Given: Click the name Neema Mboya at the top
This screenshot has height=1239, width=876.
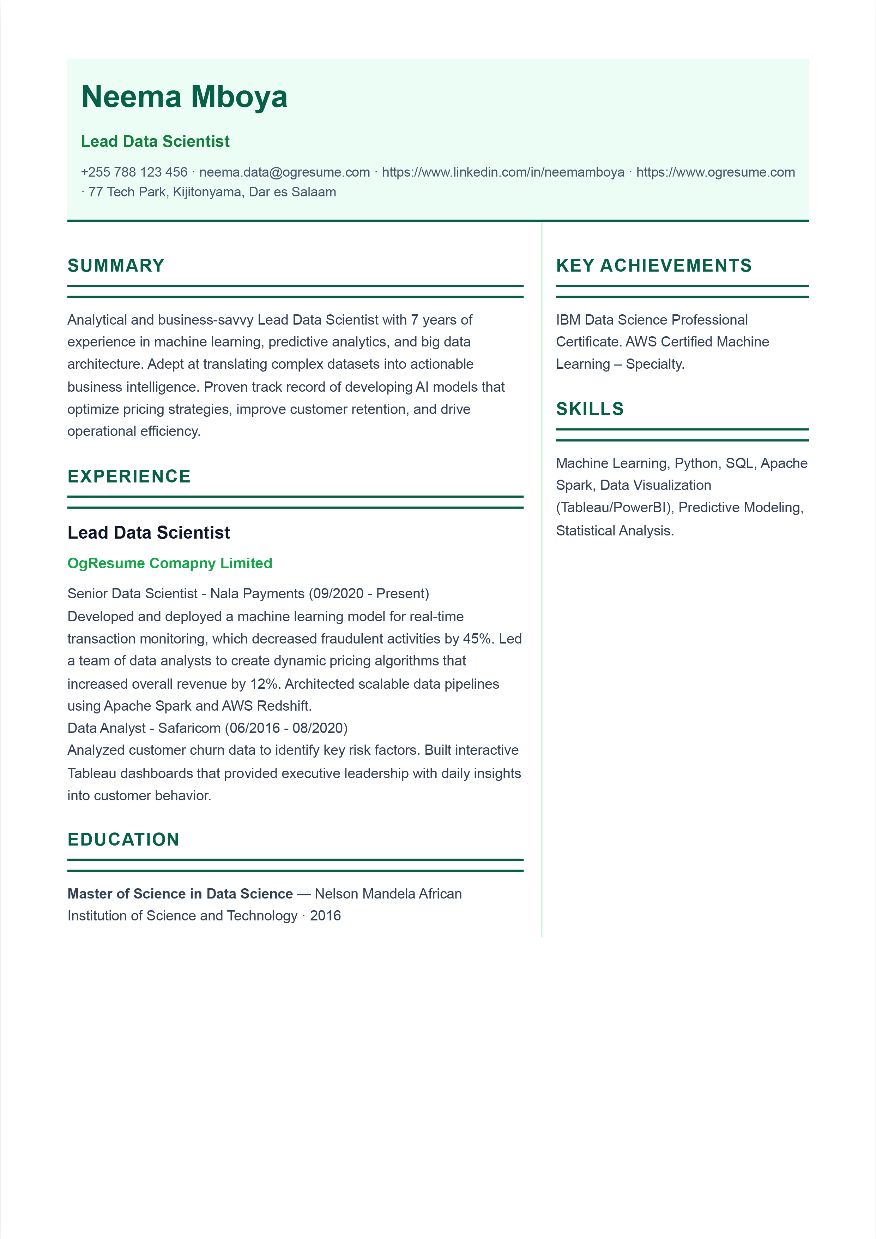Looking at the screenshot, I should click(184, 97).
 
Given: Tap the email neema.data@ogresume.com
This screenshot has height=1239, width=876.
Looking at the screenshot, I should click(284, 172).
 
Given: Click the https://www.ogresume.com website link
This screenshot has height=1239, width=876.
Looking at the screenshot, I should click(715, 172).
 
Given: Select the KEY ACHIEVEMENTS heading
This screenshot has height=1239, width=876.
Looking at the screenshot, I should click(654, 266).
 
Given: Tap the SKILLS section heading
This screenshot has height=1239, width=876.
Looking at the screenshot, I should click(590, 409).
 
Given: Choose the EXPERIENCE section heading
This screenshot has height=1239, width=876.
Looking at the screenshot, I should click(129, 476).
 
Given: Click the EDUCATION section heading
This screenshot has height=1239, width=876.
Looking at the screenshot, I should click(123, 840).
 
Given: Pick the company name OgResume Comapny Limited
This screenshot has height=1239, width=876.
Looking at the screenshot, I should click(169, 563).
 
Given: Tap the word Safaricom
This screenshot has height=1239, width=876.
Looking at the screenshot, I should click(189, 728).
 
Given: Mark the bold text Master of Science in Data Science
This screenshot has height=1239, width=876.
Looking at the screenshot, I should click(180, 894).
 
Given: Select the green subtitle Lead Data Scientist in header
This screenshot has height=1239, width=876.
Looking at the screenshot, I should click(155, 141).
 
